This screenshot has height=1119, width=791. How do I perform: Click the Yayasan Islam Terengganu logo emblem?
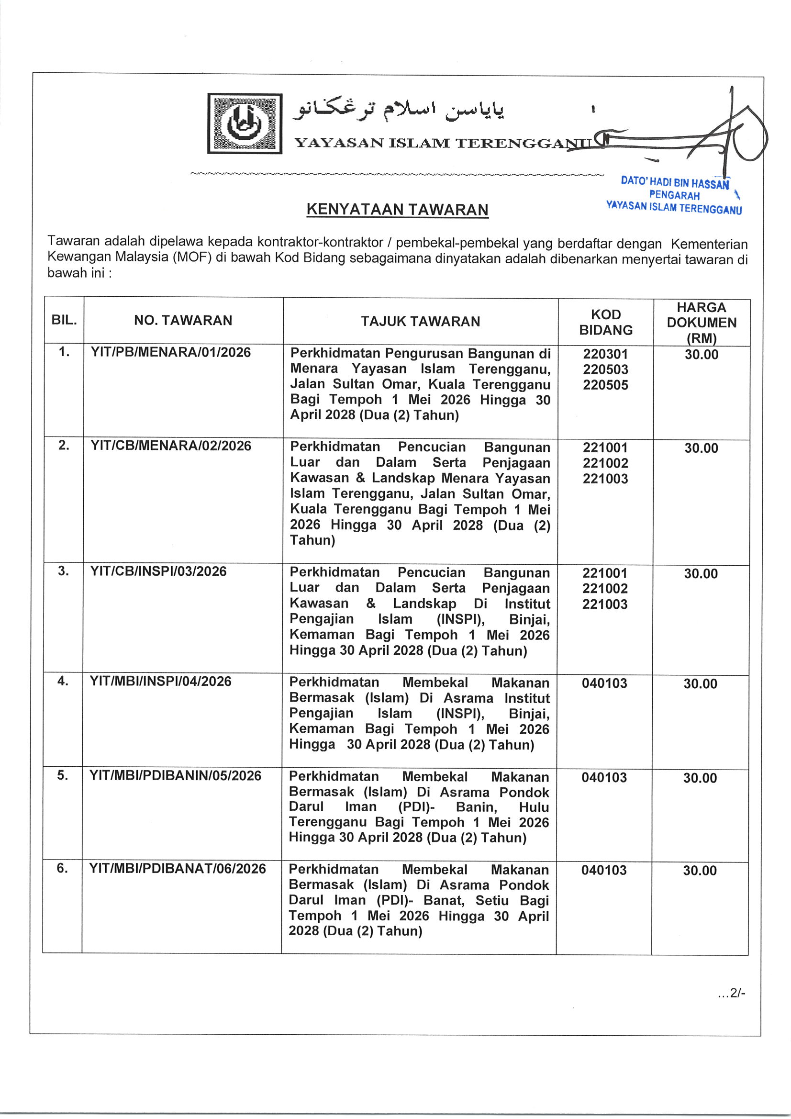tap(245, 123)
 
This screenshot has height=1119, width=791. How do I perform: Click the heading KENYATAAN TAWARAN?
tap(397, 210)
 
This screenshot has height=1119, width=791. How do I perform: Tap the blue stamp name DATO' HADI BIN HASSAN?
tap(675, 183)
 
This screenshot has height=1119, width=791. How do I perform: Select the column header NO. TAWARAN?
tap(183, 320)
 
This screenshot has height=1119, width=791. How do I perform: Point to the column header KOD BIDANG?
tap(605, 322)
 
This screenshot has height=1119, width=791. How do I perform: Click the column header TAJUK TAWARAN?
tap(420, 321)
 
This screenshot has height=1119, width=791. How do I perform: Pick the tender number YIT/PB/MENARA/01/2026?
tap(170, 352)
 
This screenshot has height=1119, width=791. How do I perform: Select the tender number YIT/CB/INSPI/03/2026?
tap(158, 571)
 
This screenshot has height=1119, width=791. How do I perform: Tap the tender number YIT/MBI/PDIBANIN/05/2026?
tap(176, 775)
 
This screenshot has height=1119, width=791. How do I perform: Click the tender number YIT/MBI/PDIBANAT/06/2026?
tap(178, 869)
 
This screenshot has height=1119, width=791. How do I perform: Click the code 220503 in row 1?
tap(605, 369)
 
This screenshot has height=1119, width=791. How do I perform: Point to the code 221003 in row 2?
tap(605, 479)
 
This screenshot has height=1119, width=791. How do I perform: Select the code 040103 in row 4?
tap(604, 683)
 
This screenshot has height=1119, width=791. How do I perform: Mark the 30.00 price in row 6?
tap(700, 871)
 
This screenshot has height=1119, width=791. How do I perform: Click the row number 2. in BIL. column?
tap(64, 446)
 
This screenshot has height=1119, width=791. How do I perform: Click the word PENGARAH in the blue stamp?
tap(674, 196)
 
